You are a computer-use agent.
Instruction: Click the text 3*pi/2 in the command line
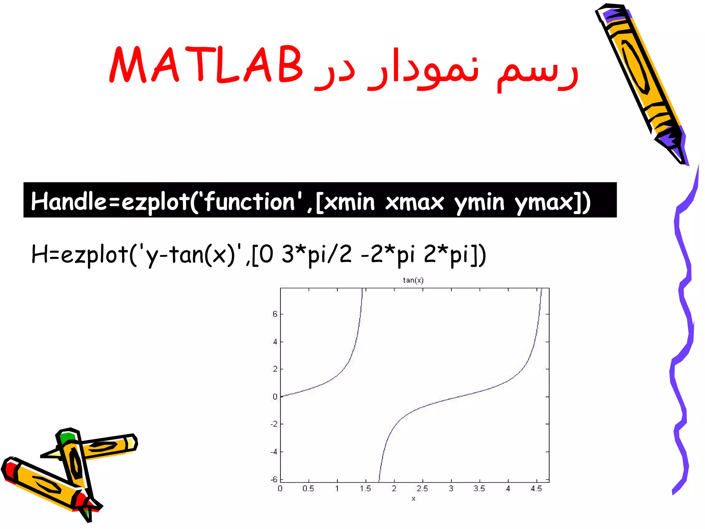tap(317, 255)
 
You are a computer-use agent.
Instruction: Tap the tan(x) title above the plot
tap(413, 280)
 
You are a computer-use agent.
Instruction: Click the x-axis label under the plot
tap(413, 498)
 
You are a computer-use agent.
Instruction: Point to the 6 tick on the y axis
tap(275, 314)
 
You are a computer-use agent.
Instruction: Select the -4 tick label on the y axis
tap(274, 452)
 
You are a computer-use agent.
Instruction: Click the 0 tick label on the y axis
tap(275, 397)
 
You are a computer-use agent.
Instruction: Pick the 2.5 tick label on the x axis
tap(422, 488)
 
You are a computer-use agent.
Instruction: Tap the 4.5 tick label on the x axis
tap(536, 488)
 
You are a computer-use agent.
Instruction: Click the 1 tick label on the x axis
tap(337, 488)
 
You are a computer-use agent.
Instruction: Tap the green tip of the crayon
tap(66, 438)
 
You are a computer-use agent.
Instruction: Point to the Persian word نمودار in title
tap(423, 69)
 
